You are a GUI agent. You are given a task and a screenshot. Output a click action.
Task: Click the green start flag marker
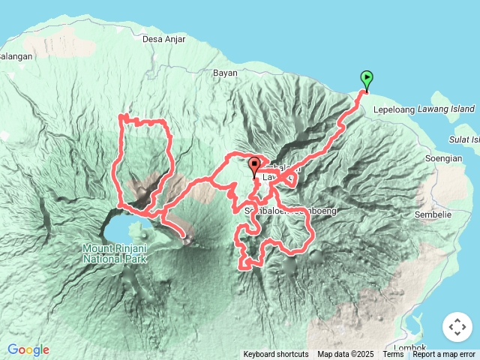tap(367, 79)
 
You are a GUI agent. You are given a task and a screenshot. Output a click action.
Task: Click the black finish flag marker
tap(254, 165)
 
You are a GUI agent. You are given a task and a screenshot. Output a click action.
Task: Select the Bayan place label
tap(225, 73)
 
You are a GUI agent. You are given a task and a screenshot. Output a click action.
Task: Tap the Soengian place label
tap(442, 158)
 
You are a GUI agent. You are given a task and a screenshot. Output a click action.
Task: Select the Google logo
tap(28, 349)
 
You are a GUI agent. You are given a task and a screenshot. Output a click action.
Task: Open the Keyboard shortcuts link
tap(275, 354)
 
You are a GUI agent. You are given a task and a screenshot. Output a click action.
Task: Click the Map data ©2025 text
tap(345, 354)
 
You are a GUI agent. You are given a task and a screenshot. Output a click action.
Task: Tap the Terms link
tap(393, 354)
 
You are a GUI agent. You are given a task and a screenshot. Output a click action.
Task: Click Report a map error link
tap(444, 354)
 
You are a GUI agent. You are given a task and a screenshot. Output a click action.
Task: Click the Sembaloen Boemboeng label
tap(291, 211)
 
